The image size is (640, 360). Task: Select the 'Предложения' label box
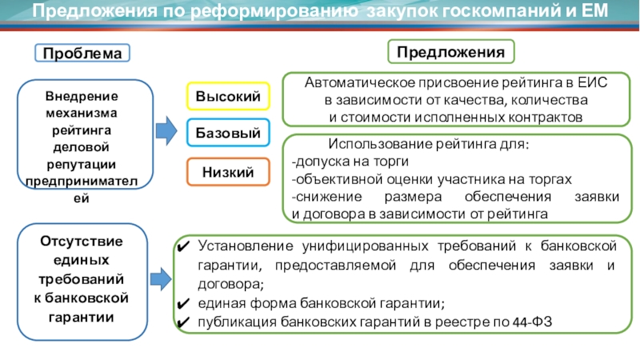(451, 51)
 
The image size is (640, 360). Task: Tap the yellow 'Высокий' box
(228, 97)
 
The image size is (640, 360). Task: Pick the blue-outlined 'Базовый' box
(228, 134)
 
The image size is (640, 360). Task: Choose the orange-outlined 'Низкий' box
(228, 172)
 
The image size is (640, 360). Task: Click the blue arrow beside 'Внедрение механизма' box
(166, 127)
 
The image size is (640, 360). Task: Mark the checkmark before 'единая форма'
(183, 304)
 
